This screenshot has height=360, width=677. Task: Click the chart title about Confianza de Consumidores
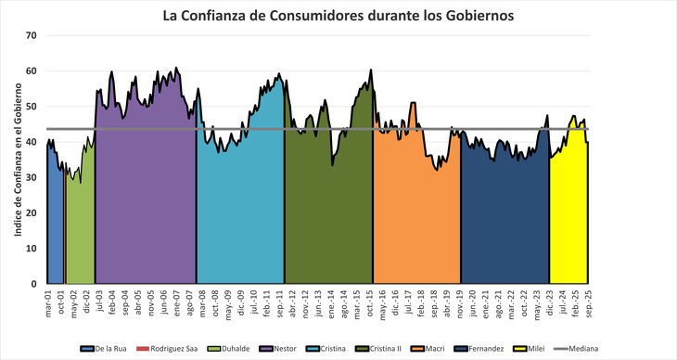click(338, 15)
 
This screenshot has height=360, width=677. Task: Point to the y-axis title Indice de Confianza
click(18, 159)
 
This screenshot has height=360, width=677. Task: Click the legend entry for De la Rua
click(104, 349)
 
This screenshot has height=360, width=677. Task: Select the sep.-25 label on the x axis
click(588, 302)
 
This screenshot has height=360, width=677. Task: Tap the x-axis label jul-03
click(98, 302)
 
